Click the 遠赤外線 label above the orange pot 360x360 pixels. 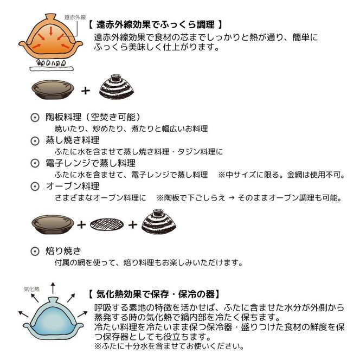73,17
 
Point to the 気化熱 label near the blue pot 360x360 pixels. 30,290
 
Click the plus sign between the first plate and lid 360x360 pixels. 85,91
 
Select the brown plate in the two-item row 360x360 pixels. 53,89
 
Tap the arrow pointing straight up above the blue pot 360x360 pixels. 53,286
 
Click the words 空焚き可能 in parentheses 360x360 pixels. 115,117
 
